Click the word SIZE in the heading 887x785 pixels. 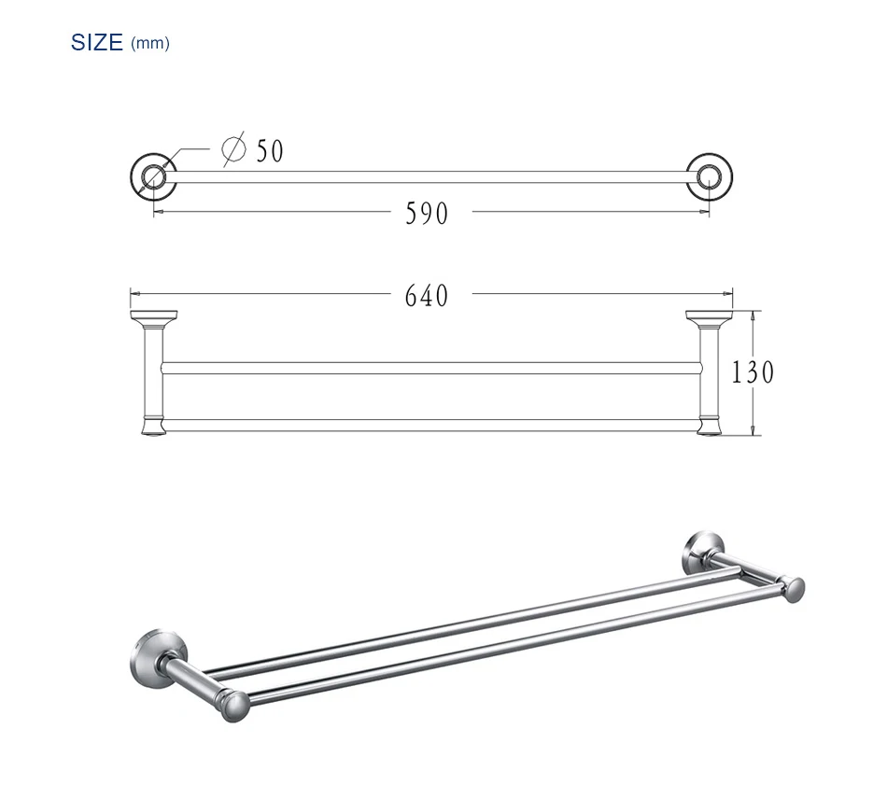coord(97,43)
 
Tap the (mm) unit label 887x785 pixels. coord(150,44)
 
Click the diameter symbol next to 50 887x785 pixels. coord(234,148)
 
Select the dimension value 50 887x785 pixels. coord(270,151)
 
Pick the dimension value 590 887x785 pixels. coord(427,214)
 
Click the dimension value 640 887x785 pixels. coord(427,296)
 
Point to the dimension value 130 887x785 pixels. coord(753,372)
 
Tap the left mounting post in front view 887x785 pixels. coord(153,372)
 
